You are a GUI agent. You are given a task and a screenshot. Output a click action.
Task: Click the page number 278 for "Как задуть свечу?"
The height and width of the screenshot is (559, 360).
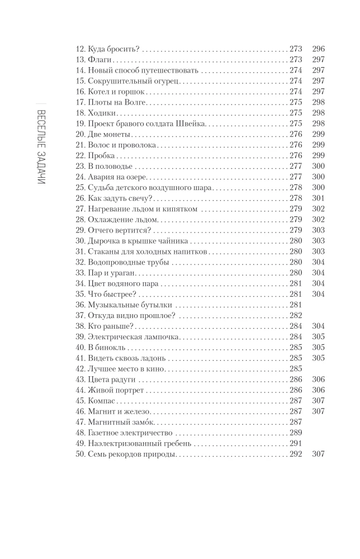295,198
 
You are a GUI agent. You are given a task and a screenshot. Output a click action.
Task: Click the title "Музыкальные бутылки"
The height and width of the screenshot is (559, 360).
129,305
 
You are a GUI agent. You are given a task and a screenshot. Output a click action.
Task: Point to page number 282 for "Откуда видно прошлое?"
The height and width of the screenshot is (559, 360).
295,315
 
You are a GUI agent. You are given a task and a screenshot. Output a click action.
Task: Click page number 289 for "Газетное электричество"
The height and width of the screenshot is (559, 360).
295,432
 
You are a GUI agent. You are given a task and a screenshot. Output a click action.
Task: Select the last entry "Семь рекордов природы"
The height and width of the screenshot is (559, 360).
132,453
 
